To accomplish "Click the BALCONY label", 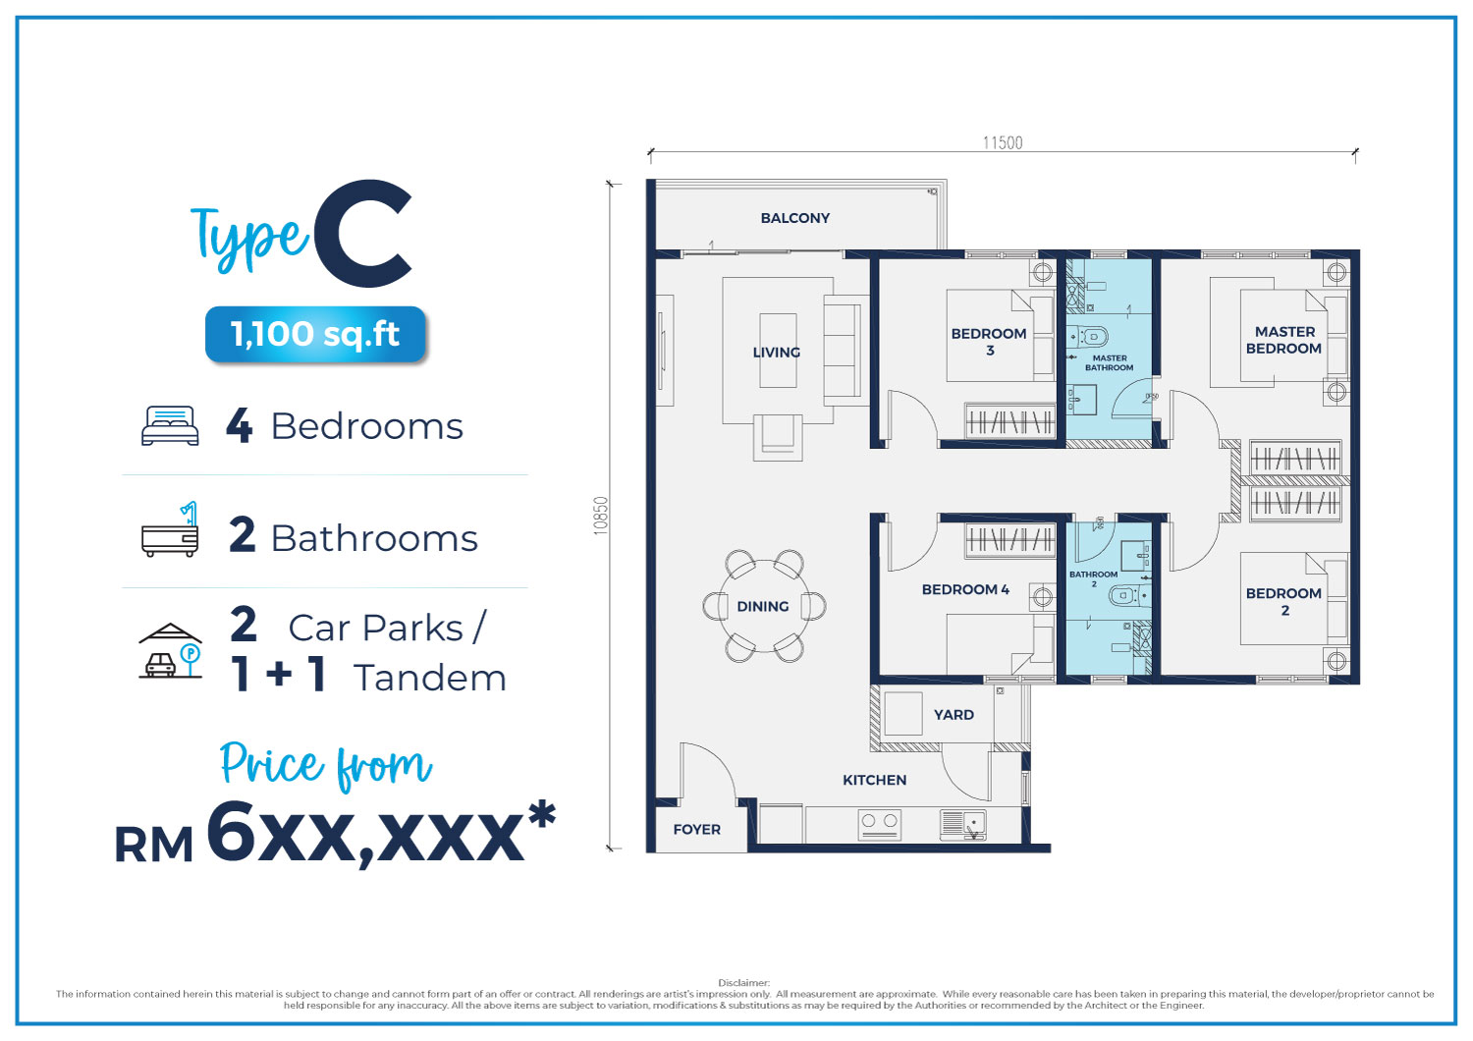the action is click(x=794, y=218).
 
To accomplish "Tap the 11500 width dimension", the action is click(x=1003, y=142).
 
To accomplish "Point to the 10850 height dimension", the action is click(x=600, y=516).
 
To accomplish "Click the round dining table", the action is click(x=764, y=606).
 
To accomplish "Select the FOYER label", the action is click(x=696, y=829).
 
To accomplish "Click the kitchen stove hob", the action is click(x=879, y=825).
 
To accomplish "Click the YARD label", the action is click(x=954, y=714).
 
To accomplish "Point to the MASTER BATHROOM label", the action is click(x=1110, y=362).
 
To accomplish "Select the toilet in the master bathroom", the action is click(x=1087, y=337).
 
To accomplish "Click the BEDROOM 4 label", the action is click(x=965, y=589).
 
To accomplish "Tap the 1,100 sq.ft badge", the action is click(x=315, y=333).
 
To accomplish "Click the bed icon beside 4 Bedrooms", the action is click(x=170, y=425).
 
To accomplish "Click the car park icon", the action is click(x=170, y=650).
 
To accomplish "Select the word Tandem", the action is click(x=430, y=678).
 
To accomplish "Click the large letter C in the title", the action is click(x=363, y=233).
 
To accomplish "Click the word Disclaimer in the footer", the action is click(x=743, y=982).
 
